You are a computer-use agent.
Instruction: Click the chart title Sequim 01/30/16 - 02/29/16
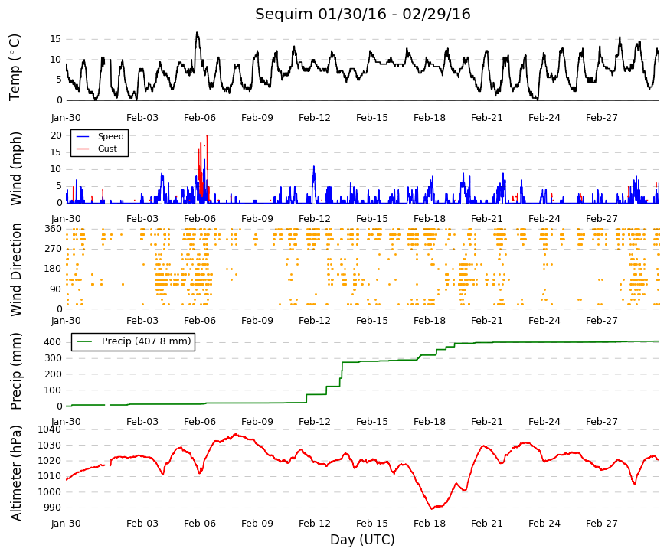362,14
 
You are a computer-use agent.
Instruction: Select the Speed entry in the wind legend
110,136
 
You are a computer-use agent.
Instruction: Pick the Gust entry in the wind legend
107,149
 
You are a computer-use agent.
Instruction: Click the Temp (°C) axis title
15,67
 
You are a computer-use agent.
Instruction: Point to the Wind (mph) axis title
16,169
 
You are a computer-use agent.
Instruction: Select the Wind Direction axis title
16,269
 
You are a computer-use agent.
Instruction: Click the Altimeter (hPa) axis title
16,473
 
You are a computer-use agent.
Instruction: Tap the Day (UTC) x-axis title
362,539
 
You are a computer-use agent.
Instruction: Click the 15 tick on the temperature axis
56,39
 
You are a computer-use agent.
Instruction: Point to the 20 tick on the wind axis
56,135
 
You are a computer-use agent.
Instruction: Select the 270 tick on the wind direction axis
54,248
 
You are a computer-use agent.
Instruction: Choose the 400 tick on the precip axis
53,342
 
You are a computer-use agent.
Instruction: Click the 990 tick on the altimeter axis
53,508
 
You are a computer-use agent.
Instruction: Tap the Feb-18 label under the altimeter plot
430,523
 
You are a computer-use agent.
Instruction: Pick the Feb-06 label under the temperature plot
200,118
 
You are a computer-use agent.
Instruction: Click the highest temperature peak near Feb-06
197,33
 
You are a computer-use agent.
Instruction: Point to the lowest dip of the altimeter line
432,508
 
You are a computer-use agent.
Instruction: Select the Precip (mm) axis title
16,371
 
